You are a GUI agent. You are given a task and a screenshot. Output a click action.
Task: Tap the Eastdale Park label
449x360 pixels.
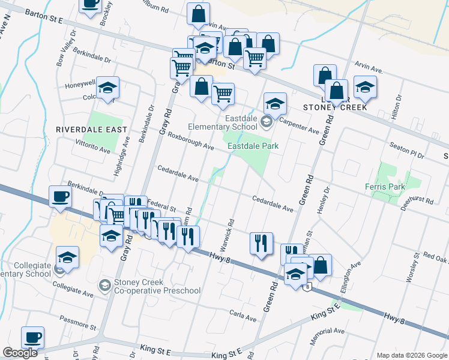coord(253,145)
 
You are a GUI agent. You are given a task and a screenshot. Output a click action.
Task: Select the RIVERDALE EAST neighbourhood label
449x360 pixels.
coord(91,130)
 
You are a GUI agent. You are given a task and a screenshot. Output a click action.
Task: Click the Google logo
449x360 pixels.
coord(20,353)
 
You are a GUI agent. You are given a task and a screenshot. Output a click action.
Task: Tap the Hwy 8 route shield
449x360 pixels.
coord(307,287)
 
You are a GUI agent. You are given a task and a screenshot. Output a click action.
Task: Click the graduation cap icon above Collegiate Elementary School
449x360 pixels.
coord(68,259)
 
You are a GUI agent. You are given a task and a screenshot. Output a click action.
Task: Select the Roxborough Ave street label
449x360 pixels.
coord(190,141)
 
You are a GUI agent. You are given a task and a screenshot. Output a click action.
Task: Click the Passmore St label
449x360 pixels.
coord(78,322)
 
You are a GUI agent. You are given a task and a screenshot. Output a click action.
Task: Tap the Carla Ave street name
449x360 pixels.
coord(243,314)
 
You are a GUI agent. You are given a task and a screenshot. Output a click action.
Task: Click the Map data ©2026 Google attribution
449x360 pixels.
coord(411,355)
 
